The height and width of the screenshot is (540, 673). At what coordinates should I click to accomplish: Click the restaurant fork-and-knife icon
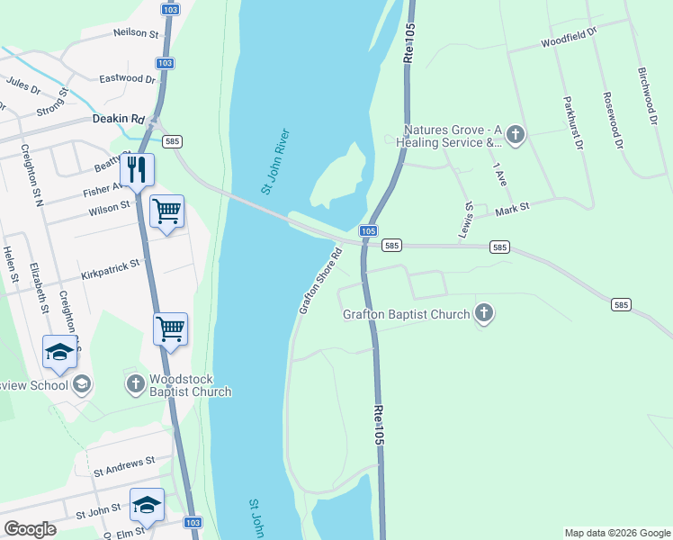coord(137,169)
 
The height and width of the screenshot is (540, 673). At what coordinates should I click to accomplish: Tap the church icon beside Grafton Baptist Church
coord(483,314)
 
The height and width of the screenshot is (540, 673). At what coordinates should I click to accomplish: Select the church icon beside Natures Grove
coord(515,135)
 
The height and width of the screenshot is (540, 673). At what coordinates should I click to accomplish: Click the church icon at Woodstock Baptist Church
coord(135,384)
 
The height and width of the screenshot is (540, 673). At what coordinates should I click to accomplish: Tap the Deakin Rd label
coord(118,118)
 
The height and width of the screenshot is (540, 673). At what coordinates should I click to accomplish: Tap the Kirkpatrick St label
coord(112,266)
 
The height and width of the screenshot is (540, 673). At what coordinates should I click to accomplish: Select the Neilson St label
coord(136,33)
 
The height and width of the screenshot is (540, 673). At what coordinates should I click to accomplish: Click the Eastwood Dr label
coord(128,79)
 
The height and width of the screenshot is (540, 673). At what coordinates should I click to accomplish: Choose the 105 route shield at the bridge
coord(368,231)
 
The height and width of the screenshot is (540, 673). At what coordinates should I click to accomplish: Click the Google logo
coord(31,528)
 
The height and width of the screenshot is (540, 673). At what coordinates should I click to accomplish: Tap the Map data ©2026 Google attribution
coord(616,533)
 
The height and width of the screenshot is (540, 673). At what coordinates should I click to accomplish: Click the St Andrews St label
coord(124,468)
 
